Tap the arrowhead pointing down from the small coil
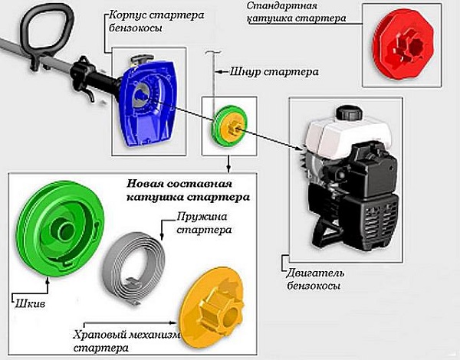click(228, 167)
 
